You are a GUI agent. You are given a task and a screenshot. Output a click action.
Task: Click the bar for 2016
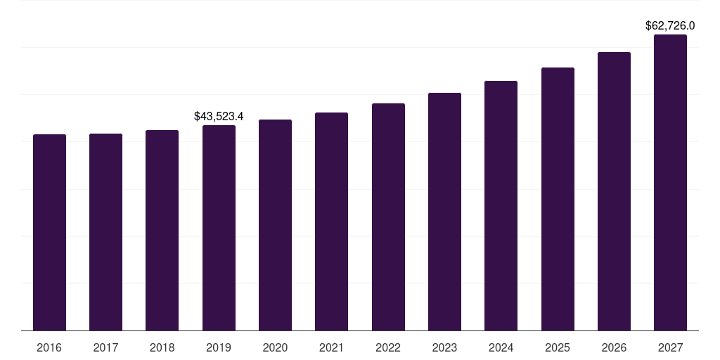click(x=49, y=232)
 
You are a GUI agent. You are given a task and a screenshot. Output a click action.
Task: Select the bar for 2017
click(x=105, y=232)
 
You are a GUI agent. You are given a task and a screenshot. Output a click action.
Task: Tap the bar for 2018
click(x=162, y=230)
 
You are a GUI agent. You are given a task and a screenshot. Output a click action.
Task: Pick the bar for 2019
click(x=219, y=228)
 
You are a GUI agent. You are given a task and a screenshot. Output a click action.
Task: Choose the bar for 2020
click(x=275, y=225)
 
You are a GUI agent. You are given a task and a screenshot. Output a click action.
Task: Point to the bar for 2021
click(x=331, y=221)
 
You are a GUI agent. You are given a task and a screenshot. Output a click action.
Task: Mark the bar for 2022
click(x=388, y=217)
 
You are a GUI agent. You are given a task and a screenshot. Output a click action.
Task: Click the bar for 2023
click(x=444, y=212)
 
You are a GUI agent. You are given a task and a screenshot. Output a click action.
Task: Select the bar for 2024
click(x=501, y=205)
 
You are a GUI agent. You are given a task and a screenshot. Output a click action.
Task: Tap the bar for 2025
click(x=558, y=199)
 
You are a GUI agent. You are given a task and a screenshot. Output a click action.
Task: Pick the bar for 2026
click(x=614, y=191)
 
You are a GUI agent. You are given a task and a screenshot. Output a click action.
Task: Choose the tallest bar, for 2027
click(x=670, y=182)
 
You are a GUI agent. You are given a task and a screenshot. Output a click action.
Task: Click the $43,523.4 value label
click(x=219, y=116)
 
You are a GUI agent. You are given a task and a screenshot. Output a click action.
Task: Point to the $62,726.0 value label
click(x=670, y=26)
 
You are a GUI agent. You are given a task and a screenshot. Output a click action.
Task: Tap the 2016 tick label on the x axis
click(x=49, y=348)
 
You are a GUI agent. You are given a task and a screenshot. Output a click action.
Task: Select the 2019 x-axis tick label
click(x=219, y=348)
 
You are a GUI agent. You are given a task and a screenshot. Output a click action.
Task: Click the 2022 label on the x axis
click(x=388, y=348)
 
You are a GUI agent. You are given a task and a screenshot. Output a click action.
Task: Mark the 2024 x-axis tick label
click(x=501, y=348)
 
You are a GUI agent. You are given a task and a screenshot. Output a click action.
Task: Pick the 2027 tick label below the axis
click(x=670, y=348)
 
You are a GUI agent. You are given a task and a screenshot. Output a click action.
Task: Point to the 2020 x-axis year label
click(x=275, y=348)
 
